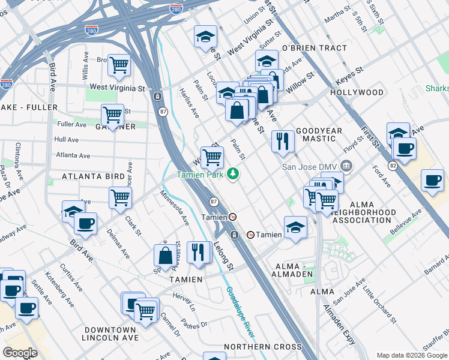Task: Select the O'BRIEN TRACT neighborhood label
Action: [314, 48]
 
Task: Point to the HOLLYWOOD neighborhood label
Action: [357, 92]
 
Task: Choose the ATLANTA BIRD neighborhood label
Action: [92, 176]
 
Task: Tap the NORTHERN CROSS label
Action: [262, 347]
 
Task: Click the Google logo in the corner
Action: [20, 353]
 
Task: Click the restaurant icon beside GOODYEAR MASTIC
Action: [282, 142]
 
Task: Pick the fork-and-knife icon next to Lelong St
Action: [198, 252]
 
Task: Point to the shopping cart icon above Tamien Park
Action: [212, 157]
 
